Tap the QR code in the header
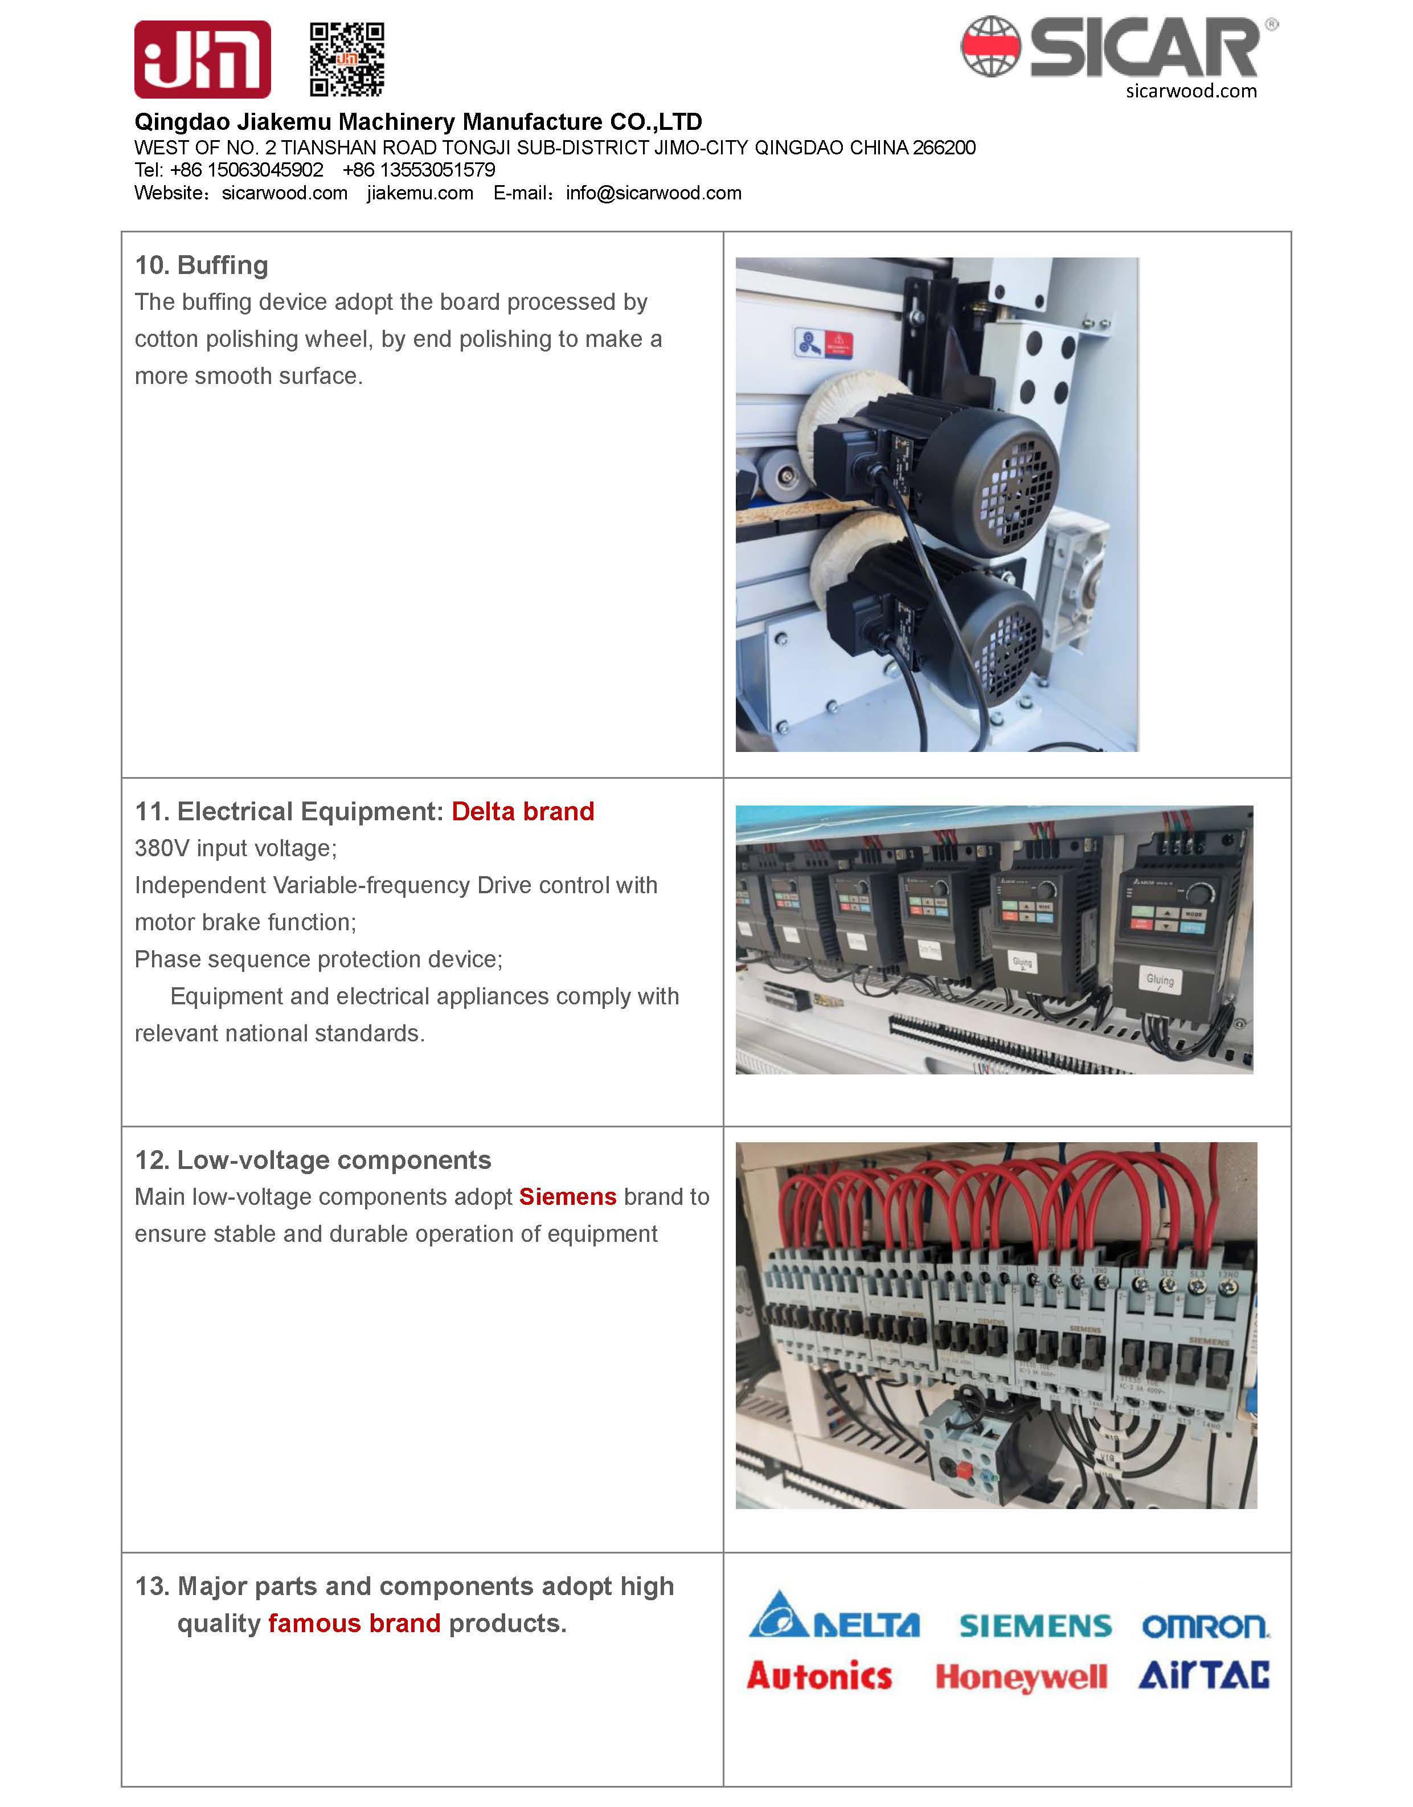point(347,60)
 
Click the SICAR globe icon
point(990,47)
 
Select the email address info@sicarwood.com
point(654,194)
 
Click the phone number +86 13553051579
point(419,170)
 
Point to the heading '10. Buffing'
point(202,265)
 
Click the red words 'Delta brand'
point(523,812)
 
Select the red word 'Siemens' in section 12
point(567,1197)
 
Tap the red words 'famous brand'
point(354,1624)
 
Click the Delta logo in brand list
point(834,1616)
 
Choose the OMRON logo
point(1205,1626)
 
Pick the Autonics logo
point(819,1677)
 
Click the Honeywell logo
point(1020,1678)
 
